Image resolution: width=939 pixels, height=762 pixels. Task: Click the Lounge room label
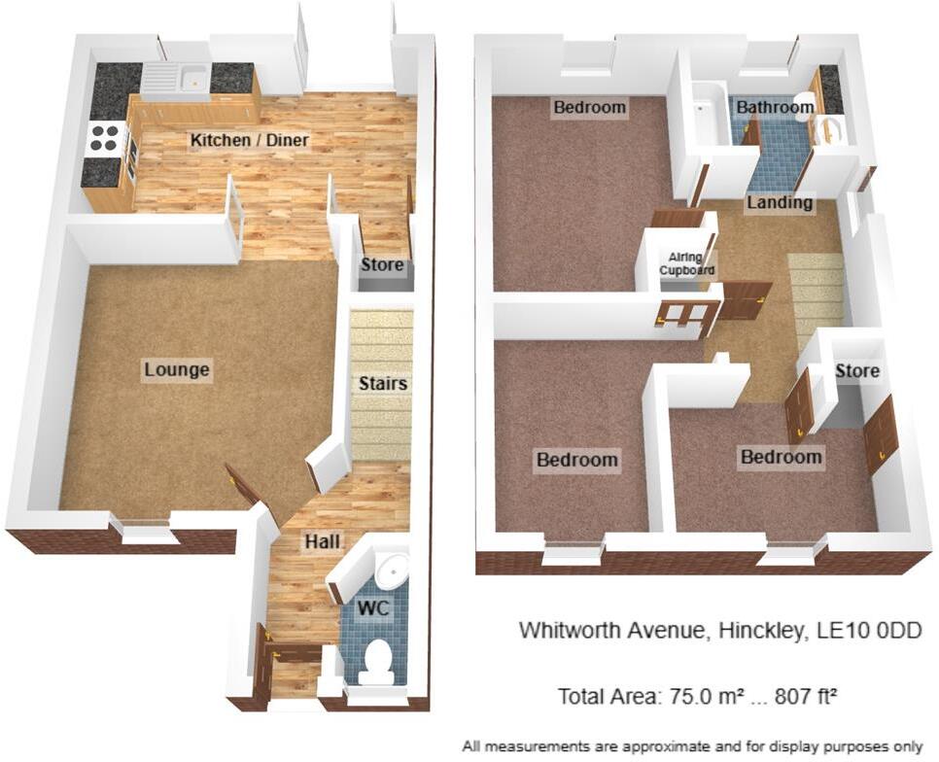[x=177, y=369]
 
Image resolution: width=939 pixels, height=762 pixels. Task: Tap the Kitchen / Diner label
[x=249, y=140]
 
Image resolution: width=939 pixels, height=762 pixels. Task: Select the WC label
[x=373, y=608]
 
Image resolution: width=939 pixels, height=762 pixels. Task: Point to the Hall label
[x=322, y=541]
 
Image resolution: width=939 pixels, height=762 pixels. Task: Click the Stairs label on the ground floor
[x=383, y=383]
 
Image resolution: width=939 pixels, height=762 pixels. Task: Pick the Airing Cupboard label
[x=686, y=263]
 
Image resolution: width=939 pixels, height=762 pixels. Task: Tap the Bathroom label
[x=775, y=107]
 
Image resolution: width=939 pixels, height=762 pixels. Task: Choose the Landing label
[x=780, y=202]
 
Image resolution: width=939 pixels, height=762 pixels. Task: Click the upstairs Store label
[x=857, y=370]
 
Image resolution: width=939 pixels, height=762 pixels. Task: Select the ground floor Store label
[x=382, y=264]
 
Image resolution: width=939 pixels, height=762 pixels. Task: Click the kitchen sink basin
[x=194, y=78]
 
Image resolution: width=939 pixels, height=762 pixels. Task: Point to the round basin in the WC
[x=394, y=566]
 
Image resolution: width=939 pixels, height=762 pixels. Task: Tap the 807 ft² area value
[x=806, y=696]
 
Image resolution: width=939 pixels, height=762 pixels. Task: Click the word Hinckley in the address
[x=760, y=631]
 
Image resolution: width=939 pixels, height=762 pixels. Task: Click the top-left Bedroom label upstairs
[x=589, y=107]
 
